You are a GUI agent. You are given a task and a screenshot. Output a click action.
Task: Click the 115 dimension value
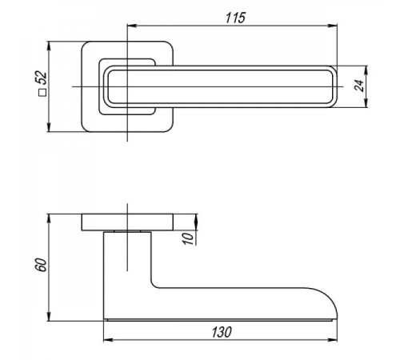pyautogui.click(x=235, y=18)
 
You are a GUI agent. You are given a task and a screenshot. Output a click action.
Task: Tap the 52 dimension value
pyautogui.click(x=42, y=78)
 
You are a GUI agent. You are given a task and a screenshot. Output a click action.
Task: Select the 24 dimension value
pyautogui.click(x=360, y=86)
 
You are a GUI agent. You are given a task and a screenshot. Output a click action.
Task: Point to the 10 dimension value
pyautogui.click(x=188, y=238)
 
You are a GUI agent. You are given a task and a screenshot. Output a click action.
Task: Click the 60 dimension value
pyautogui.click(x=42, y=265)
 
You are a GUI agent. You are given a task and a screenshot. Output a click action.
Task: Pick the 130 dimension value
pyautogui.click(x=222, y=332)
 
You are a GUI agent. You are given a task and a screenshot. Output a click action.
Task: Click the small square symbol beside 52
pyautogui.click(x=42, y=93)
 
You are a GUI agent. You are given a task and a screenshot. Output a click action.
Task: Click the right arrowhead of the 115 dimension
pyautogui.click(x=333, y=26)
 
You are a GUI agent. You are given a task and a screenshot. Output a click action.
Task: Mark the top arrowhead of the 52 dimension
pyautogui.click(x=49, y=46)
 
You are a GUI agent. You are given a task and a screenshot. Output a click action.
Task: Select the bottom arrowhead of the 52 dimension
pyautogui.click(x=49, y=127)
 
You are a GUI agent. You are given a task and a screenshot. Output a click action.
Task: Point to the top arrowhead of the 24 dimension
pyautogui.click(x=366, y=70)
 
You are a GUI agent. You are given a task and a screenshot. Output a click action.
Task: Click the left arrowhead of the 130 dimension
pyautogui.click(x=108, y=340)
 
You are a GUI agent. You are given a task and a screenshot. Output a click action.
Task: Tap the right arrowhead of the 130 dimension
pyautogui.click(x=333, y=340)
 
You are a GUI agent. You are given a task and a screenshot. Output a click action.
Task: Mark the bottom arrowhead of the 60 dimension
pyautogui.click(x=49, y=317)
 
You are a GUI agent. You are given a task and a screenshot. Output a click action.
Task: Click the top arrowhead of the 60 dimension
pyautogui.click(x=49, y=218)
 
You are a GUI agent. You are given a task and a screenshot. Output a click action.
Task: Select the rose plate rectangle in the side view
pyautogui.click(x=127, y=222)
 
